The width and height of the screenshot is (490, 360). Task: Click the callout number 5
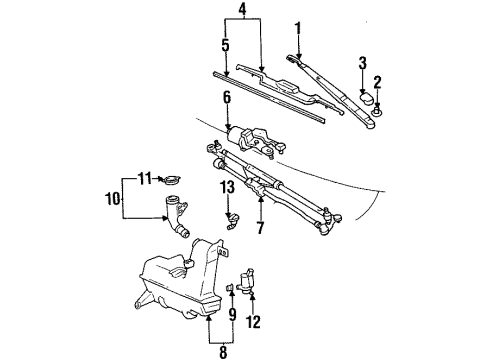(x=225, y=45)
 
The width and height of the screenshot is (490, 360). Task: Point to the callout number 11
(x=143, y=177)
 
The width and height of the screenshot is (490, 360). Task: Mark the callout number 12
(x=253, y=322)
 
